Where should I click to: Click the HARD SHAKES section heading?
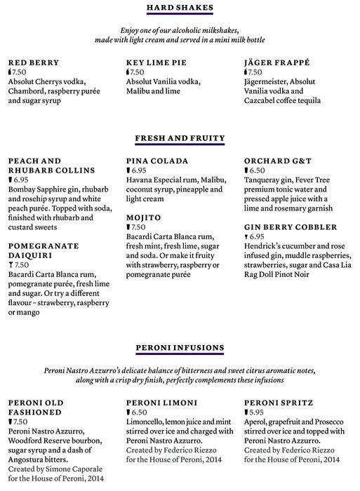pyautogui.click(x=180, y=8)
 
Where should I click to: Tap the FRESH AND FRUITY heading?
pyautogui.click(x=180, y=138)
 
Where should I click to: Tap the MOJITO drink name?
pyautogui.click(x=144, y=218)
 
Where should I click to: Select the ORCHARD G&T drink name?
pyautogui.click(x=276, y=161)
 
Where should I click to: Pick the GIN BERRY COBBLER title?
pyautogui.click(x=291, y=228)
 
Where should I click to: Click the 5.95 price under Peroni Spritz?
pyautogui.click(x=258, y=412)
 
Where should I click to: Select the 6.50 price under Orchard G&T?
pyautogui.click(x=258, y=170)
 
